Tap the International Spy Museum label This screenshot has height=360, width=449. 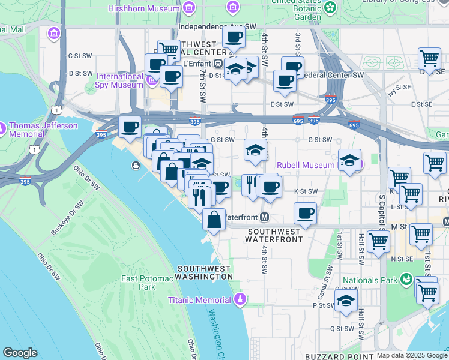119,80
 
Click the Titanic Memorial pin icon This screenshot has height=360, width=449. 240,298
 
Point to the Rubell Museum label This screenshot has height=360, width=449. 305,165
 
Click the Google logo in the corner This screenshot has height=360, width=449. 20,353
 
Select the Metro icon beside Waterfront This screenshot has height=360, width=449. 264,217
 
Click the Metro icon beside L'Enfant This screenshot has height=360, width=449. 218,63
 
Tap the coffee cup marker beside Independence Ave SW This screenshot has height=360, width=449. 233,37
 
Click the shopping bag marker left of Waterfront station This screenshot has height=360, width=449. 214,220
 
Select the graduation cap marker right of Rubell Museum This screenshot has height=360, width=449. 349,160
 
